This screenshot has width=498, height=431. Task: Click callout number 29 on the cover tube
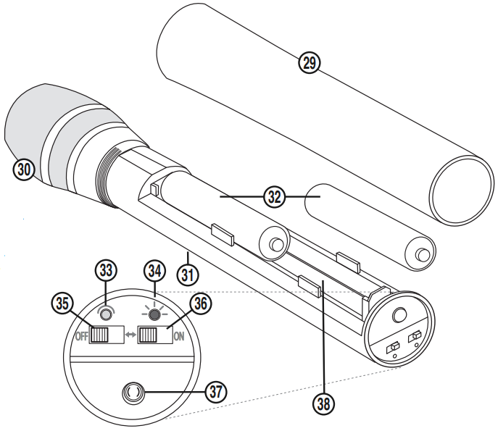310,63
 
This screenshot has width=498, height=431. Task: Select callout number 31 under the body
188,274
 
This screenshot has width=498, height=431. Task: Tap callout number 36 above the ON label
200,305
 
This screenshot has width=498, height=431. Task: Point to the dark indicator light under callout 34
154,314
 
